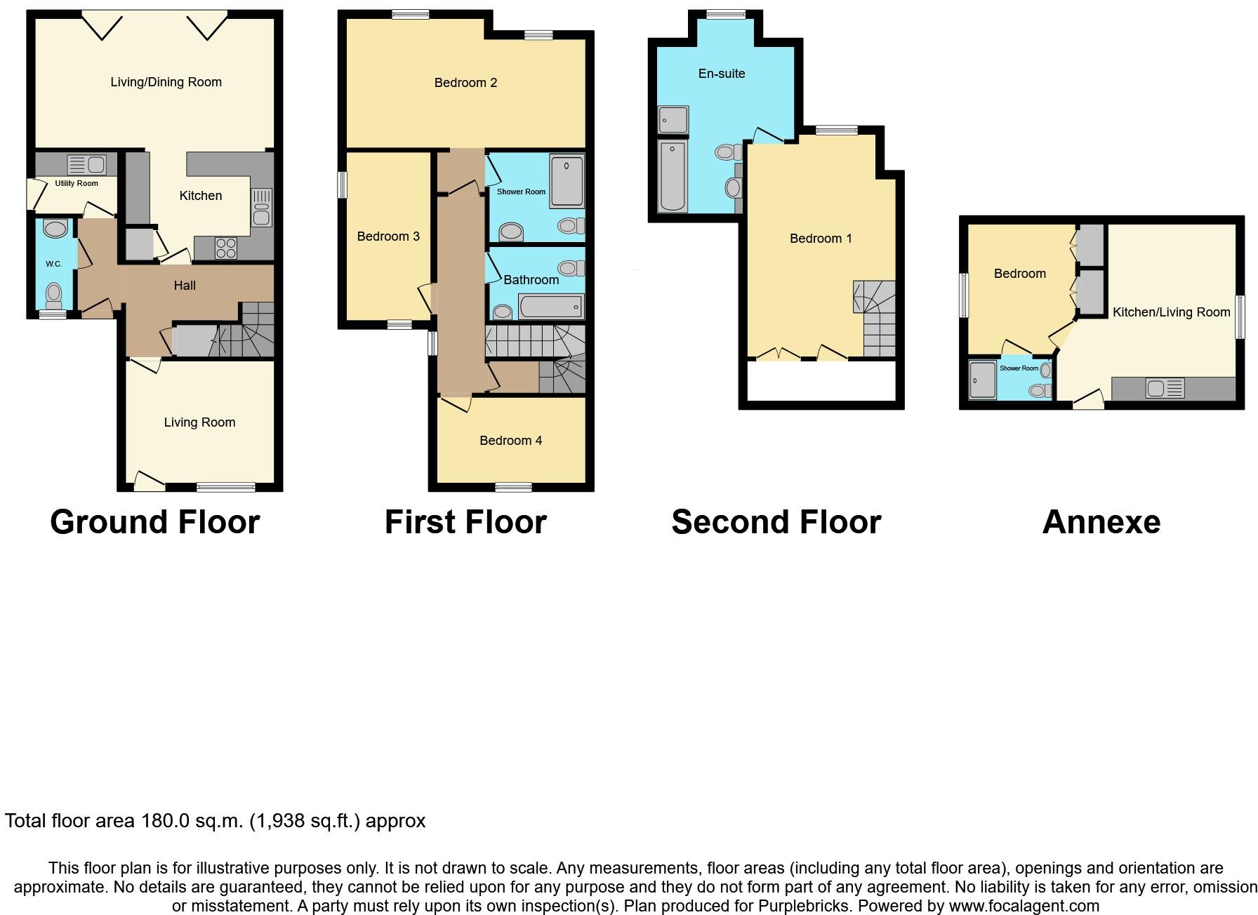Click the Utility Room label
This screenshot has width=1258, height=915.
(x=77, y=183)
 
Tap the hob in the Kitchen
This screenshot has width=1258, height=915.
(x=226, y=248)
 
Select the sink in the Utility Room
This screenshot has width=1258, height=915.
(x=86, y=166)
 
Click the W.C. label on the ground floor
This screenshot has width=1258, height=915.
(x=54, y=264)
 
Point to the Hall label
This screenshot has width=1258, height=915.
(x=185, y=286)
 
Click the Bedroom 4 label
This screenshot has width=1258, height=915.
(x=510, y=441)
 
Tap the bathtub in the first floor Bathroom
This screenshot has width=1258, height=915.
(x=550, y=307)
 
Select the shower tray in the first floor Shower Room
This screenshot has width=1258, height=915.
(x=567, y=181)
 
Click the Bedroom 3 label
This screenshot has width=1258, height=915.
(x=388, y=236)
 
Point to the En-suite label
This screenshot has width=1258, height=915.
(x=722, y=74)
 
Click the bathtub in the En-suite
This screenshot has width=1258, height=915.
(x=673, y=175)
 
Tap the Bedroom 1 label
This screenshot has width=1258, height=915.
(x=821, y=239)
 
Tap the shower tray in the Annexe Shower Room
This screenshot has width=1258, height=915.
(x=982, y=380)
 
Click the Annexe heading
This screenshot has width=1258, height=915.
(x=1101, y=522)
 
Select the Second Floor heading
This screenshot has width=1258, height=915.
(x=776, y=522)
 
